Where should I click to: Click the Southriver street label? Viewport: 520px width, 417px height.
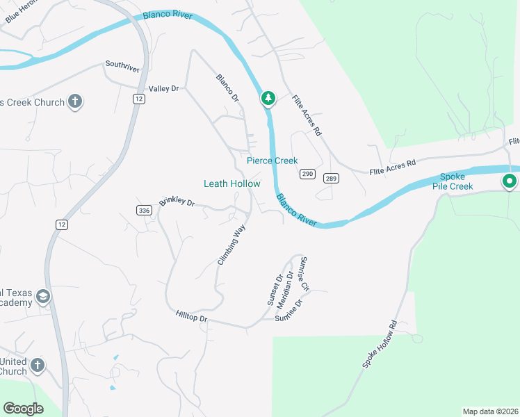(122, 65)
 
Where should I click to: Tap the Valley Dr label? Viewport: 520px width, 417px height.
(164, 89)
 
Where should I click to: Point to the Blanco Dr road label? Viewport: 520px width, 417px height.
(227, 88)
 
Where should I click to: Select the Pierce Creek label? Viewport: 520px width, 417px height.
(273, 161)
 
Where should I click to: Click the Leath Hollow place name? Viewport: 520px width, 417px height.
(231, 183)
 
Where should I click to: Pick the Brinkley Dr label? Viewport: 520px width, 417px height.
(177, 202)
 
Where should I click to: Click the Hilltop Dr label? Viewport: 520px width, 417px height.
(192, 318)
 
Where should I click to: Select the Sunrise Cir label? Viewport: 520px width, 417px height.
(304, 274)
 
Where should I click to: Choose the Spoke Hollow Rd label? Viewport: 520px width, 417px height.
(379, 344)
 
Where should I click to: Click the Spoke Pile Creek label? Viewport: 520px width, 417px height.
(457, 182)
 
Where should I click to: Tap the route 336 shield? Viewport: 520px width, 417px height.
(144, 211)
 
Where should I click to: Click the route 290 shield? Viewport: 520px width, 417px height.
(307, 173)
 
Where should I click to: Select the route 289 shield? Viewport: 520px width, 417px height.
(331, 178)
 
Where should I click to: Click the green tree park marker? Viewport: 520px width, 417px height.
(268, 99)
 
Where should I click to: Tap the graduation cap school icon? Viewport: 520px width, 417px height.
(42, 297)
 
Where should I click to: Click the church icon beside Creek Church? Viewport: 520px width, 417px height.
(74, 102)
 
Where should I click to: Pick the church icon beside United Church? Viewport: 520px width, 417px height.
(38, 366)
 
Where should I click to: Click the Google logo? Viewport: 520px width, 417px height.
(23, 409)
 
